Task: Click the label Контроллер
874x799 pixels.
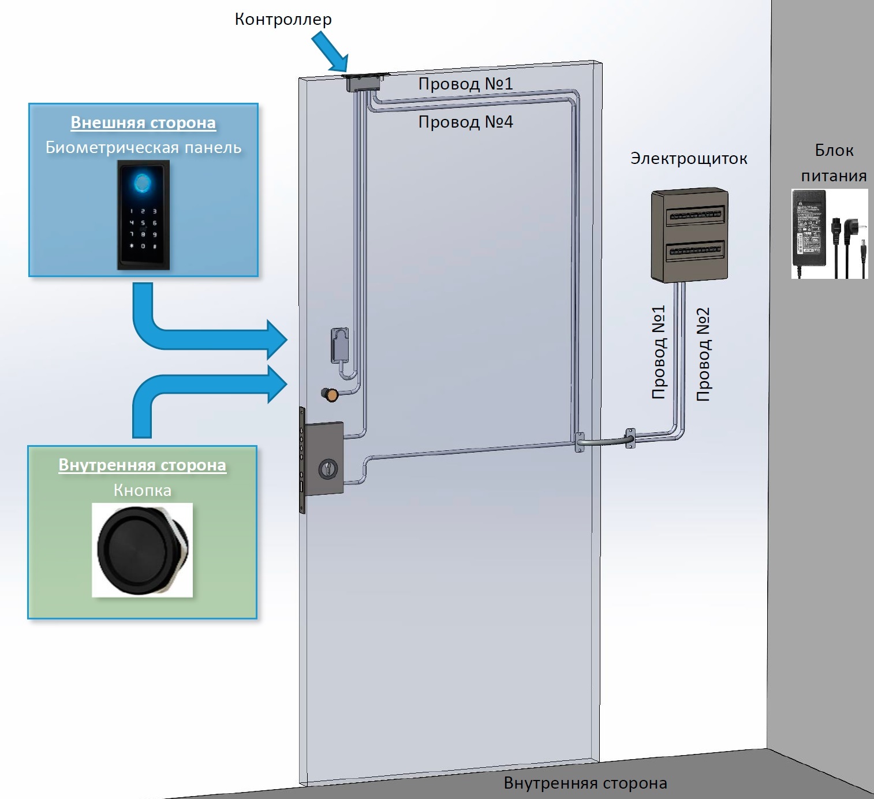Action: click(x=283, y=20)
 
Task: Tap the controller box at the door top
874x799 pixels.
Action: click(x=363, y=81)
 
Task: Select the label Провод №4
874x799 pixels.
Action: click(x=465, y=122)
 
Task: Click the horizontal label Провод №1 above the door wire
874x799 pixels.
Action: click(x=465, y=84)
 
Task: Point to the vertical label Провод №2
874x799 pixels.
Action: click(x=703, y=354)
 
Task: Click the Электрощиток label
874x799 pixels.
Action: click(x=689, y=158)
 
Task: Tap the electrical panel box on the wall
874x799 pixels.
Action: click(x=689, y=234)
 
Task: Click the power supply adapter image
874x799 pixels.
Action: click(x=829, y=234)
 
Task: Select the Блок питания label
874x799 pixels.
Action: click(x=834, y=163)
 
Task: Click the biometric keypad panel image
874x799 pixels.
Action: click(x=143, y=215)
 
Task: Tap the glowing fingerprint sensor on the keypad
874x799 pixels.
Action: click(x=143, y=184)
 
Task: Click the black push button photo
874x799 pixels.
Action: click(x=142, y=549)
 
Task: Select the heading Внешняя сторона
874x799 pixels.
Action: click(x=143, y=123)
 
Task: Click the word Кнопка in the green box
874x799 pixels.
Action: click(x=142, y=490)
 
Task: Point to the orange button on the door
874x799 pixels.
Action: click(x=331, y=395)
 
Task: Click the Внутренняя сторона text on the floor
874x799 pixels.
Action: click(x=585, y=783)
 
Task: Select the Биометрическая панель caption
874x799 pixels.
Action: click(x=143, y=148)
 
